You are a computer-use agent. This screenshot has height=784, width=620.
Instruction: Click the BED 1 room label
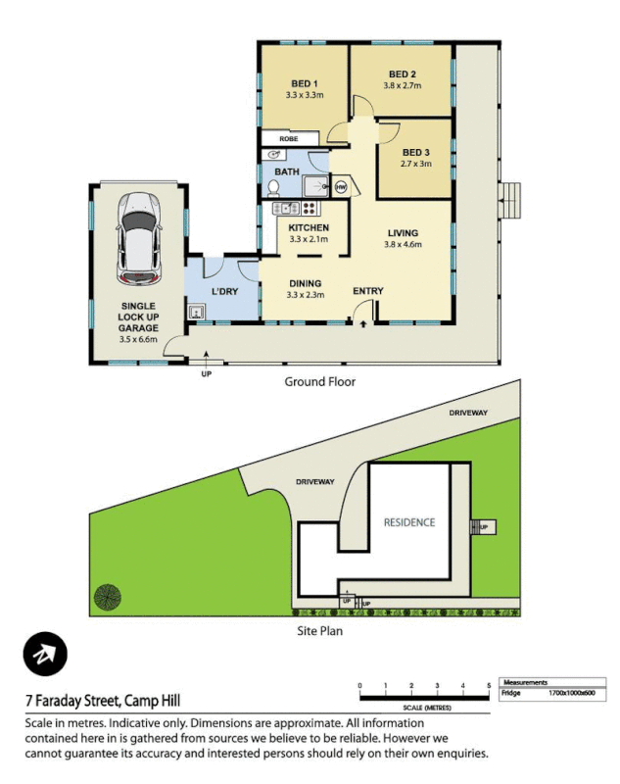305,83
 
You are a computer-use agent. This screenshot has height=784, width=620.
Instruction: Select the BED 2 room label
403,74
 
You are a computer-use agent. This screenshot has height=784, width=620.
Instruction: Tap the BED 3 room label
415,153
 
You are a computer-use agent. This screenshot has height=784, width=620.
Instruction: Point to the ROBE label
288,139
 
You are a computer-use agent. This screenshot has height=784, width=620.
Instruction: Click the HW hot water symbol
341,186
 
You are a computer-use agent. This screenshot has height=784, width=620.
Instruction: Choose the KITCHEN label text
308,227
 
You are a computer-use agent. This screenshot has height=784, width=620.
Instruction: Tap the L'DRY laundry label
226,291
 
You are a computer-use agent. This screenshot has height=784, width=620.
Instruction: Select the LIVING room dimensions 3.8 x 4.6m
403,244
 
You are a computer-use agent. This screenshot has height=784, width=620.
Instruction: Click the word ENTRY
368,290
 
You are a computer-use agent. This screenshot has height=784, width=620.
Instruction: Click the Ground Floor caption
319,381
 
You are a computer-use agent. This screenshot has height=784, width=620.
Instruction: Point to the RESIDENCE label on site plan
408,522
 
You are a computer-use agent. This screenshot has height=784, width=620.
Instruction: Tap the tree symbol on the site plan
107,595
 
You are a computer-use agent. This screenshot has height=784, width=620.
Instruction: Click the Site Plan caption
319,631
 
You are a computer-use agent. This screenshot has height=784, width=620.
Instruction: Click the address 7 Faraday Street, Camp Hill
103,701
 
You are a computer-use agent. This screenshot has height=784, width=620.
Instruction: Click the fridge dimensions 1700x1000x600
568,693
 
